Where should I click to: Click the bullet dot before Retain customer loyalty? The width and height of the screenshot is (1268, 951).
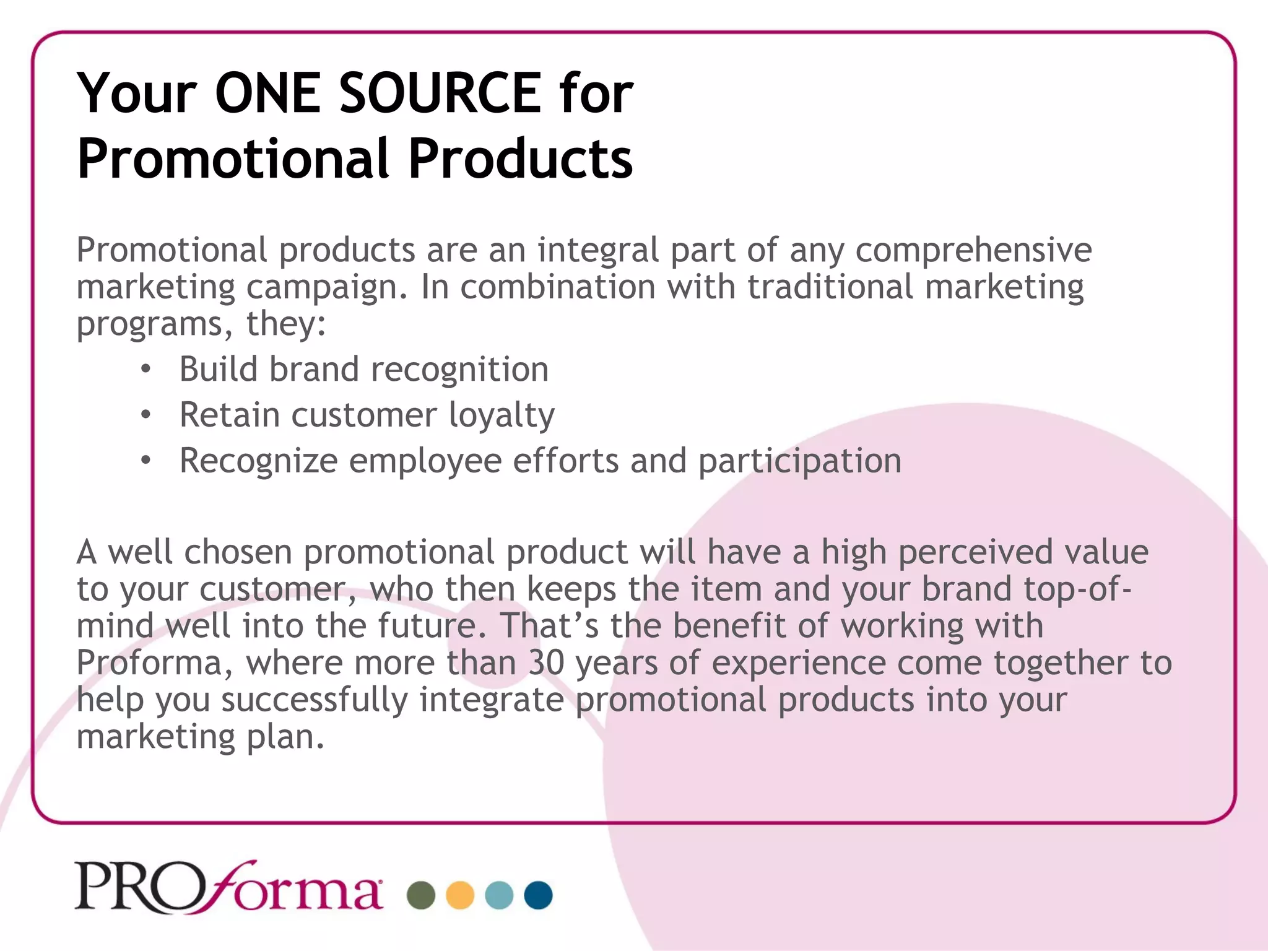145,415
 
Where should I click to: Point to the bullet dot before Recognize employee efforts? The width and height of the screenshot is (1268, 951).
145,461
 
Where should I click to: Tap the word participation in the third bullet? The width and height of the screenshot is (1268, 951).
799,461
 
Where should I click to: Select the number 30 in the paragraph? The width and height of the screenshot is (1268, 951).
546,662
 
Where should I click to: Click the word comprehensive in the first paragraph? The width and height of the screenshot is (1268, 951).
973,250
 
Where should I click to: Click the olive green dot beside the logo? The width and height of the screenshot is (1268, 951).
421,895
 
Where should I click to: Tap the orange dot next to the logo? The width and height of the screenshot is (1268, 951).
460,895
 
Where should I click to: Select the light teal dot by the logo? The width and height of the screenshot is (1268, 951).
499,895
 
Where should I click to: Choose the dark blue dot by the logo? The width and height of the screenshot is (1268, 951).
538,895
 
